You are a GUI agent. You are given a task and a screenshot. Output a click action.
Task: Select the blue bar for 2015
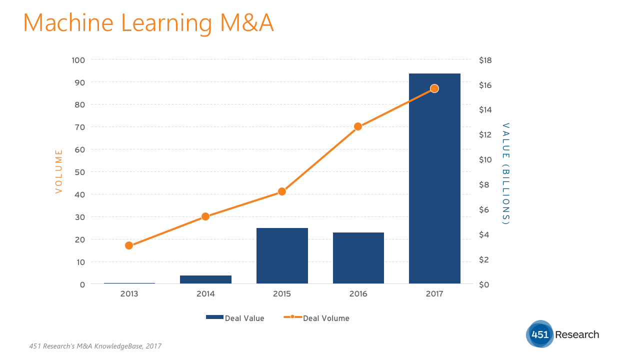[282, 256]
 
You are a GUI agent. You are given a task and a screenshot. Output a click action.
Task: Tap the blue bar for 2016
[358, 258]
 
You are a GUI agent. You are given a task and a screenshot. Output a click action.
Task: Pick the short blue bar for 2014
[205, 279]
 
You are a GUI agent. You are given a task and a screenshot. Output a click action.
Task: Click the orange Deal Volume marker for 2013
[129, 245]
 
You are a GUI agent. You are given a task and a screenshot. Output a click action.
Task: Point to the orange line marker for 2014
[205, 216]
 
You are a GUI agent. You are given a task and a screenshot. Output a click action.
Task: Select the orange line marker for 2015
[282, 191]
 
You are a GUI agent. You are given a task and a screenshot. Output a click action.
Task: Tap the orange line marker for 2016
[358, 126]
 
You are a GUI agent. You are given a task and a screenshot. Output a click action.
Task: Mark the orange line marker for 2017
[434, 88]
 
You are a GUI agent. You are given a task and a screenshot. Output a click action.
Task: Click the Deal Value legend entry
[235, 318]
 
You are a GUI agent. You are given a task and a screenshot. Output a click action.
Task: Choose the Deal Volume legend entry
[316, 318]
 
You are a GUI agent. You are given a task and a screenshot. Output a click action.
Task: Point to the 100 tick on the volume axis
[78, 60]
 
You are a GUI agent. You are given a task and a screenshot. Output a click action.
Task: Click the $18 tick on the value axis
[485, 60]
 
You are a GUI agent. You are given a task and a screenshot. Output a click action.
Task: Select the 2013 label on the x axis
[129, 294]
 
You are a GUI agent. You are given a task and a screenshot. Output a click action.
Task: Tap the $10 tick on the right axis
[485, 159]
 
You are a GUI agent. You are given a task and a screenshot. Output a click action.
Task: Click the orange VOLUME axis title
[59, 171]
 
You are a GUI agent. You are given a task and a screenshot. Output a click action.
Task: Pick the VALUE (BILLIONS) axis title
[506, 173]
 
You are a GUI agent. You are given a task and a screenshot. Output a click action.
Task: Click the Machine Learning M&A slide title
[148, 23]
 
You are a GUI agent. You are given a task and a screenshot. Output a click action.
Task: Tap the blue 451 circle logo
[540, 334]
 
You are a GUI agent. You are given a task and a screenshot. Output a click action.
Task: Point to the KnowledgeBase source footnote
[95, 346]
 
